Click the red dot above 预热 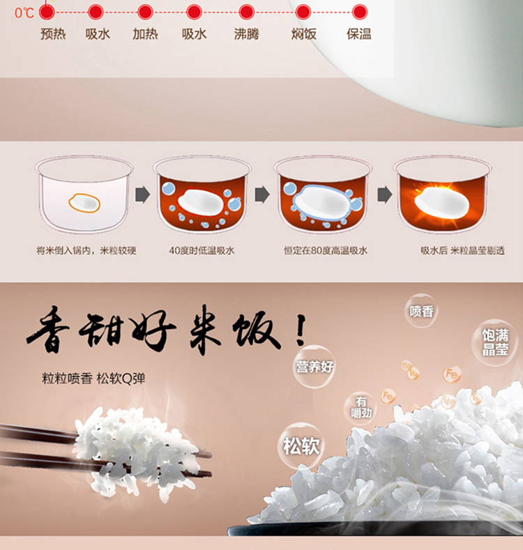click(x=47, y=12)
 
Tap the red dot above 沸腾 click(x=246, y=12)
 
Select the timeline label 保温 click(x=358, y=34)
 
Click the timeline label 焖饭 click(x=303, y=34)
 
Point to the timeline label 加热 click(x=145, y=34)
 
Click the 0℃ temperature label click(x=24, y=13)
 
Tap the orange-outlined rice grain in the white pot click(x=84, y=203)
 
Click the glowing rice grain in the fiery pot click(x=441, y=202)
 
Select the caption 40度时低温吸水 click(x=202, y=250)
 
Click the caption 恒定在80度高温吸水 click(x=326, y=250)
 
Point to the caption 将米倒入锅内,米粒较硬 click(x=86, y=250)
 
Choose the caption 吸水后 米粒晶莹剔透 click(x=462, y=250)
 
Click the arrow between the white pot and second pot click(x=142, y=194)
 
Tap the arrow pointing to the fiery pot click(x=385, y=194)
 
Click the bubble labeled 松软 click(x=301, y=446)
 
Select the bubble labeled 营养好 click(x=314, y=367)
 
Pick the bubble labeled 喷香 click(x=421, y=311)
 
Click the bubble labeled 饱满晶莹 click(x=495, y=342)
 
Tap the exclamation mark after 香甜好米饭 click(x=300, y=330)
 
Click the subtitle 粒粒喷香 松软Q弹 click(x=93, y=379)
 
